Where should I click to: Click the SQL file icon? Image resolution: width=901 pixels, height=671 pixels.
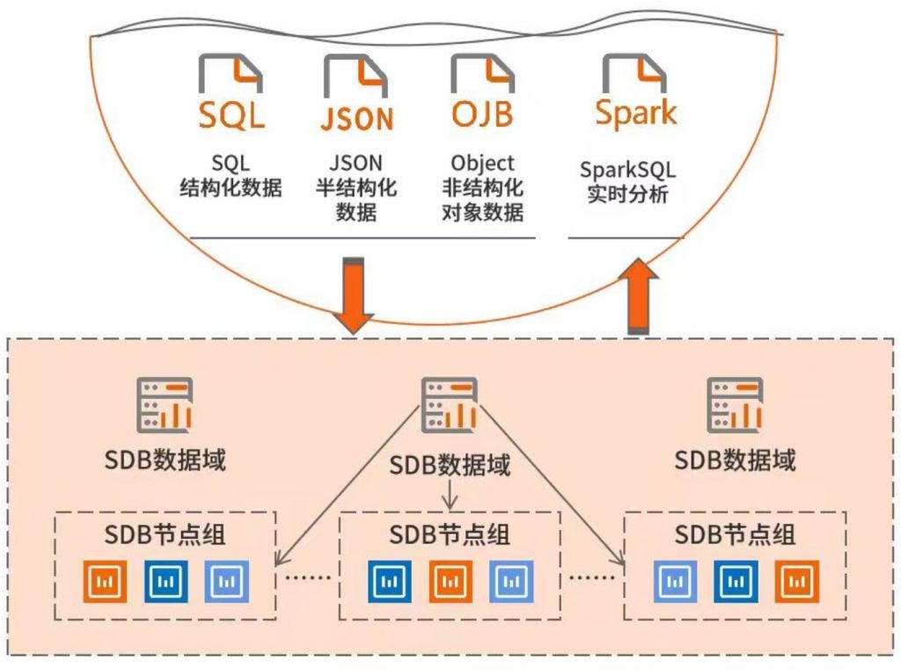pyautogui.click(x=231, y=92)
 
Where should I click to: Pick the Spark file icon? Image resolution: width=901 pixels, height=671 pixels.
pyautogui.click(x=635, y=92)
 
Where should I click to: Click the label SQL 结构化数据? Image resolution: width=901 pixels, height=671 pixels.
pyautogui.click(x=231, y=176)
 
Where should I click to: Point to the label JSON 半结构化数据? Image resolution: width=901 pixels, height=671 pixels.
pyautogui.click(x=355, y=188)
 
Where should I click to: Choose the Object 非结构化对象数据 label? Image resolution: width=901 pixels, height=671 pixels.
pyautogui.click(x=482, y=188)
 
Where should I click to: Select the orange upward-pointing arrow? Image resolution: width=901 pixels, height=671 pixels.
pyautogui.click(x=641, y=295)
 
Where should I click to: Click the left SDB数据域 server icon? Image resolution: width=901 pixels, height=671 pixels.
pyautogui.click(x=165, y=405)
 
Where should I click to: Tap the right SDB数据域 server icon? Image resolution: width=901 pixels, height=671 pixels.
pyautogui.click(x=736, y=405)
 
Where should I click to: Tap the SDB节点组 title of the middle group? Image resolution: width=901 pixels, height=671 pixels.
pyautogui.click(x=450, y=535)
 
